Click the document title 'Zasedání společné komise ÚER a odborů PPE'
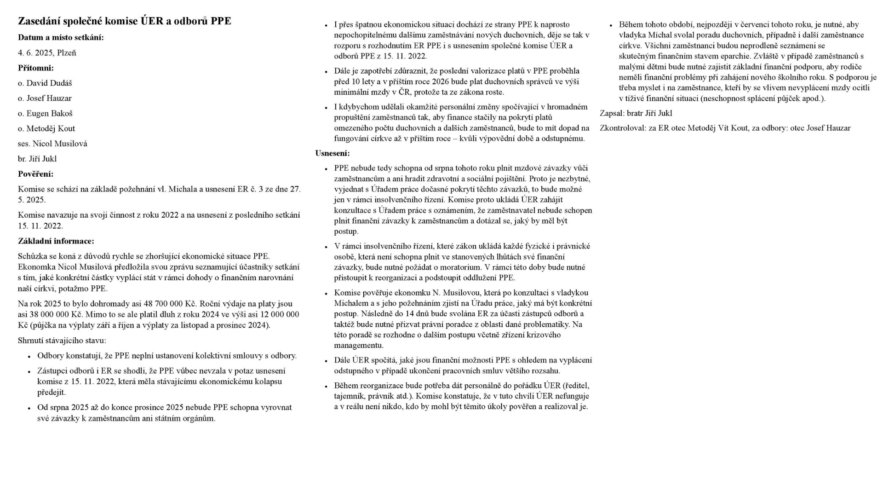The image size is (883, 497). click(x=124, y=21)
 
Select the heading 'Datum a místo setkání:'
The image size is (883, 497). click(x=61, y=38)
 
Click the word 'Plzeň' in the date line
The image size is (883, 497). click(x=67, y=53)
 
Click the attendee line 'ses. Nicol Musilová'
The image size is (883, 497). click(x=52, y=144)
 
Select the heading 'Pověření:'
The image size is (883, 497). click(x=35, y=174)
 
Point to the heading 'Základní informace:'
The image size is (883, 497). click(x=56, y=242)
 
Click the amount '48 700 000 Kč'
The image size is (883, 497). click(x=170, y=304)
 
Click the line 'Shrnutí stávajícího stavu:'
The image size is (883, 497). click(x=62, y=341)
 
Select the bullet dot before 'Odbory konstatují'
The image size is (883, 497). click(x=29, y=357)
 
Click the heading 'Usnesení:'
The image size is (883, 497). click(x=332, y=154)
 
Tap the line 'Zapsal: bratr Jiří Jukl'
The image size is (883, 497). click(x=636, y=114)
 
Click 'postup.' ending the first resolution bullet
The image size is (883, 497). click(x=346, y=231)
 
